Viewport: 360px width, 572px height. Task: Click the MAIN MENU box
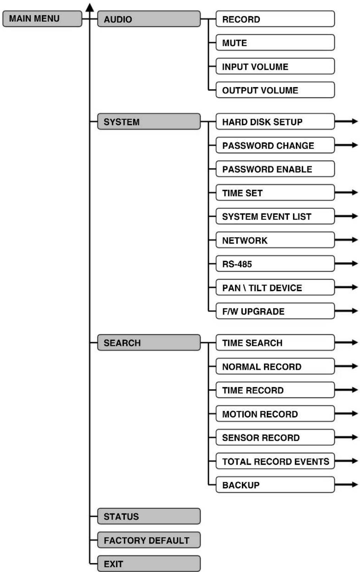42,19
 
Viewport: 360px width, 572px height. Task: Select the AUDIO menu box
149,19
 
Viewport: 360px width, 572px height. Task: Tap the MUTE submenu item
275,43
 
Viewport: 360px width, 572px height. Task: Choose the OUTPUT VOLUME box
275,90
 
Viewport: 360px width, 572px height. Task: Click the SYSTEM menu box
149,122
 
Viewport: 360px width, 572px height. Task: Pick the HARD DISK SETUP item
275,122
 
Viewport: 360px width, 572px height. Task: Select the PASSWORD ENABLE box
275,169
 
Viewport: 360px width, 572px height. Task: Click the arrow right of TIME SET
347,192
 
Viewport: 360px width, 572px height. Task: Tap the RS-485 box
275,264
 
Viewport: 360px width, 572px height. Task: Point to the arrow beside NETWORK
347,240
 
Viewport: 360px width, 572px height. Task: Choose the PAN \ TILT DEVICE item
275,288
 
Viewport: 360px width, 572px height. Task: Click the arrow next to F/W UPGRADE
347,311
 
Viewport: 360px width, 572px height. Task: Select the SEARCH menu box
149,343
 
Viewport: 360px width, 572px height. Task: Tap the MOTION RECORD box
275,414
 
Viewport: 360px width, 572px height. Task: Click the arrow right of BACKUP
347,484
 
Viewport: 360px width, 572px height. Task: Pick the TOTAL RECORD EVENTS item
275,461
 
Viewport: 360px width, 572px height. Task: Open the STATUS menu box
149,516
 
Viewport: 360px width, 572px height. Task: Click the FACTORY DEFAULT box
149,540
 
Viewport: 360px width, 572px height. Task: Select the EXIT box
149,564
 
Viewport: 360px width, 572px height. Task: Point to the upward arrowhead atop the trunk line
90,7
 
